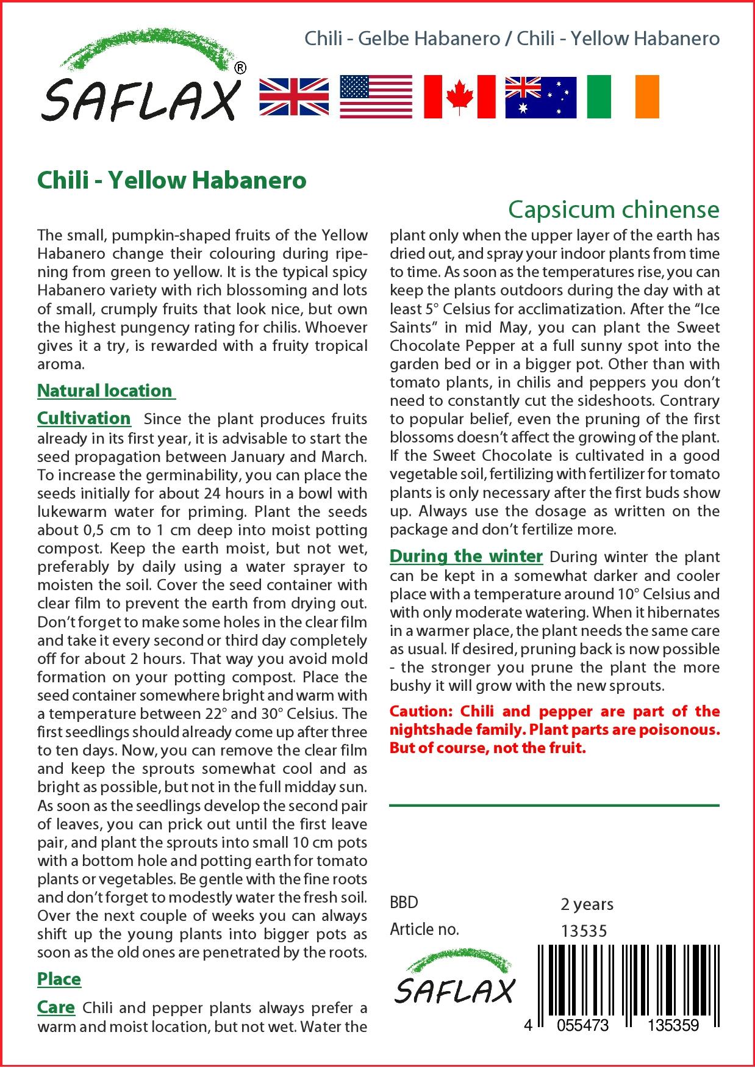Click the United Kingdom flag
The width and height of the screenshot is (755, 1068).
[294, 97]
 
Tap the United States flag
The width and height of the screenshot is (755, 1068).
[376, 97]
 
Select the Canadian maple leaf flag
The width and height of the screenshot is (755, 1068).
[459, 97]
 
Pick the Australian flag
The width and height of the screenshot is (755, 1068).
[540, 97]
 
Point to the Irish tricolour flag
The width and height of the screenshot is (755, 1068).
[623, 97]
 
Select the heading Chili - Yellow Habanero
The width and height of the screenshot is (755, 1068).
[171, 181]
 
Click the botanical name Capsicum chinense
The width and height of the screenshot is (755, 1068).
[614, 209]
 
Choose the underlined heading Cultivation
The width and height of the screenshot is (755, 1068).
[84, 418]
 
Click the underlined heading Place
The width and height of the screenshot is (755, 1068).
[59, 979]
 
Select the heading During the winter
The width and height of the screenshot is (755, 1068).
[466, 556]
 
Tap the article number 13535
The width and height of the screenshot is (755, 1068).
[584, 931]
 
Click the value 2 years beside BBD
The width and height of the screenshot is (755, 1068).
[587, 904]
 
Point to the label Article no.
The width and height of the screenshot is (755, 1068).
[424, 929]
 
